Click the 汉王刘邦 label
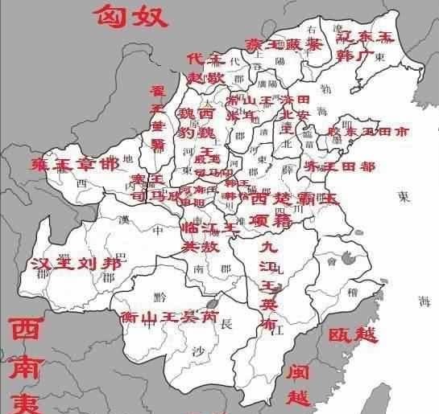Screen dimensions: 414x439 click(77, 263)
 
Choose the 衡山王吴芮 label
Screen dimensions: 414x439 click(168, 317)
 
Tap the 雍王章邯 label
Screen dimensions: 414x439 click(74, 165)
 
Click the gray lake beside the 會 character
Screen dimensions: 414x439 click(349, 258)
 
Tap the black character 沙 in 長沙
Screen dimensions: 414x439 click(199, 350)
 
